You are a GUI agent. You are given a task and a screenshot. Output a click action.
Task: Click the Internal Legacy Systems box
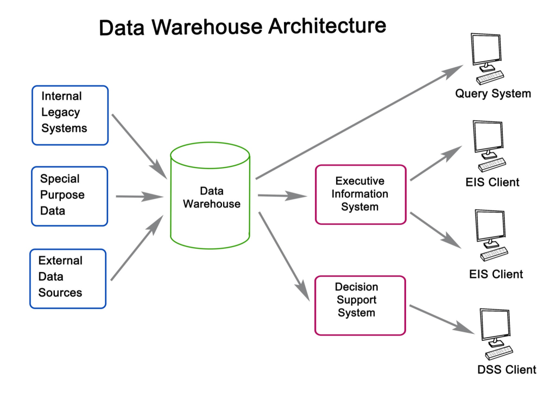tap(70, 115)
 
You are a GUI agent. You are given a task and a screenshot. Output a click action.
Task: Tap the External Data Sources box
tap(68, 279)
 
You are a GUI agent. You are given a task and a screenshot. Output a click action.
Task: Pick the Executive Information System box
tap(361, 195)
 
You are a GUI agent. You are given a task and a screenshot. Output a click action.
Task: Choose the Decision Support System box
tap(361, 305)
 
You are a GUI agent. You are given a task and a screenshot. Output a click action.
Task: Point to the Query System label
tap(492, 94)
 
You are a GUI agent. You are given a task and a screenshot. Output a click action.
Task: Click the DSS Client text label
tap(506, 370)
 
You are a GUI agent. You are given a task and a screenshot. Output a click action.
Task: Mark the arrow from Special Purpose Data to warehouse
tap(140, 197)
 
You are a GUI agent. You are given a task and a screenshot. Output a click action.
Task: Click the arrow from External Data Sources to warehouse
tap(137, 248)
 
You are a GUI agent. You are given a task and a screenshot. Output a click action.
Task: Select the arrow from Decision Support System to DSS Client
tap(441, 320)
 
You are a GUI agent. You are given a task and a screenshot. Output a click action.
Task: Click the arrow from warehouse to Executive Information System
tap(282, 196)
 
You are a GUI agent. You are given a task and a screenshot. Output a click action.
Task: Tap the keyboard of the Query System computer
tap(490, 77)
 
